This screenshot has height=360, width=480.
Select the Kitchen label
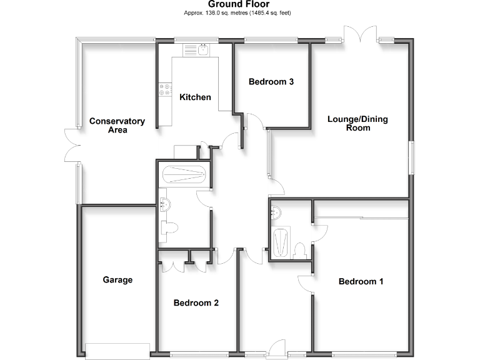[x=195, y=97]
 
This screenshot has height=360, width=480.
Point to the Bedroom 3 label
[x=271, y=82]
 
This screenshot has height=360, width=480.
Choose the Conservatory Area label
[x=117, y=126]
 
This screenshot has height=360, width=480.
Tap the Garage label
[x=117, y=280]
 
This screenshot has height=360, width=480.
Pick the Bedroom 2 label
[x=196, y=303]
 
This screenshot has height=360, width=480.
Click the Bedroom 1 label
[x=361, y=281]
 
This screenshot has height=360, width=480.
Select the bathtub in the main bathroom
[x=183, y=174]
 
